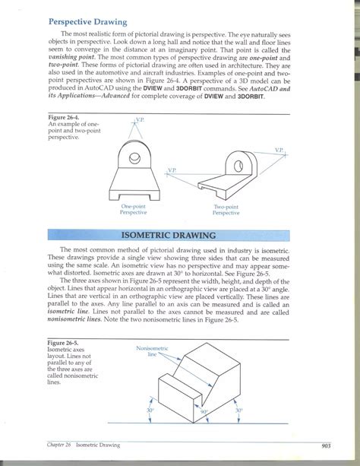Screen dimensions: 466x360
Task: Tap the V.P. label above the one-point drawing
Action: (139, 120)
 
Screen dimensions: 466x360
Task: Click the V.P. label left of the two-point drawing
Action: (172, 170)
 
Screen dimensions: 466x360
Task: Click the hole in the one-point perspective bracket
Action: (135, 159)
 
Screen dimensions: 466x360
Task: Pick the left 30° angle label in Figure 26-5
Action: (151, 411)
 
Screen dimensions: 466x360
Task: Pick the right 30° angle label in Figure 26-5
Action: (238, 411)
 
